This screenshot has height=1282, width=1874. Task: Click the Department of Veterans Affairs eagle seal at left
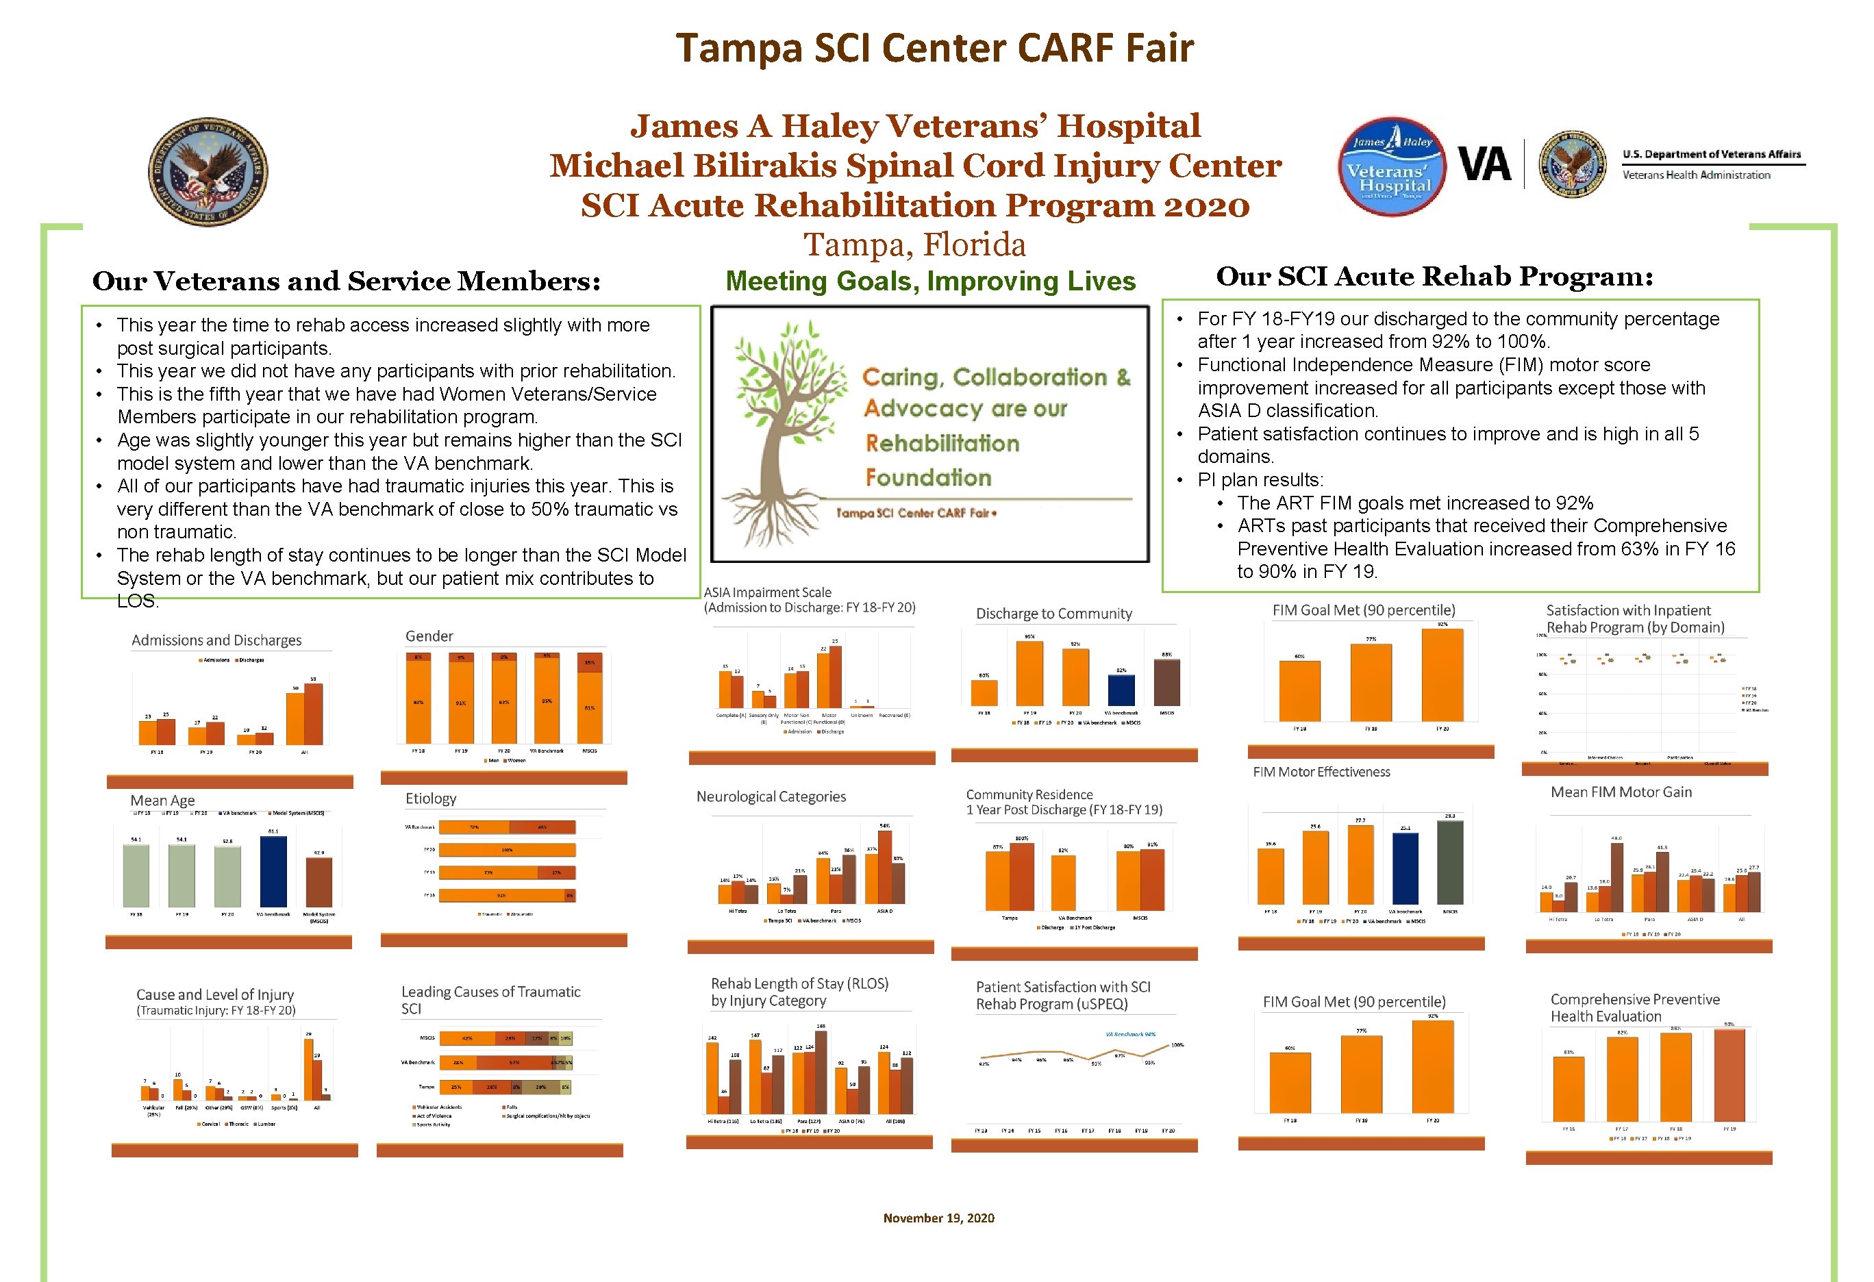coord(208,172)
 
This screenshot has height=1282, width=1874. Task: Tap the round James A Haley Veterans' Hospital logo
coord(1392,167)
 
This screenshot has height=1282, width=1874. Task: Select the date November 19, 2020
coord(938,1218)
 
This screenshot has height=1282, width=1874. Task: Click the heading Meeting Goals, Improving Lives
coord(931,281)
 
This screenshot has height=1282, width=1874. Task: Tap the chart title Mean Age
coord(163,800)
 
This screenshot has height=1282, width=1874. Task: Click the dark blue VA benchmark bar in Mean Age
coord(273,872)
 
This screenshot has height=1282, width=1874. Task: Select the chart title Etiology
coord(431,799)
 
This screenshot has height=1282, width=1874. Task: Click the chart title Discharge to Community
coord(1054,614)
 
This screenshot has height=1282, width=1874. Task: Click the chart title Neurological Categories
coord(771,796)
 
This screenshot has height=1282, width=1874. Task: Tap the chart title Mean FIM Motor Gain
coord(1621,792)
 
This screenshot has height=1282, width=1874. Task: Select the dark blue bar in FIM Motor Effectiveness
coord(1405,868)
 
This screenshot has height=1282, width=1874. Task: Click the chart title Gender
coord(429,636)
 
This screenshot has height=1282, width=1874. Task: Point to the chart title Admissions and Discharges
coord(216,640)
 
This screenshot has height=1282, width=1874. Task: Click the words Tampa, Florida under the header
coord(914,244)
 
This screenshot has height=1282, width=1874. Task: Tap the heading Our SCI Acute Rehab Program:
coord(1434,277)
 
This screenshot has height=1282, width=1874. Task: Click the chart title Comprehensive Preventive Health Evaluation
coord(1634,1008)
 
